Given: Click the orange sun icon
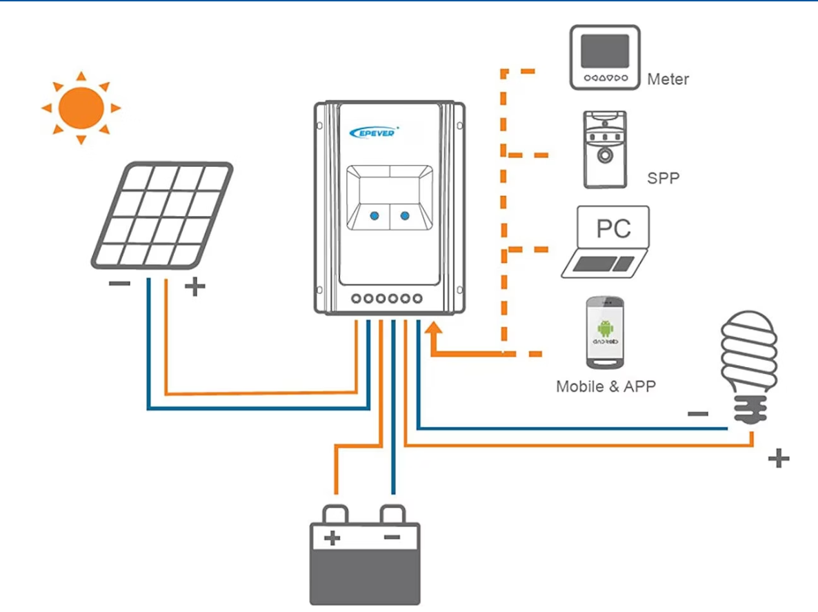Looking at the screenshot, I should point(81,108).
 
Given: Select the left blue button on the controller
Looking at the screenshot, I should point(374,216).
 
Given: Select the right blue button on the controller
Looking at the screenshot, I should point(405,216).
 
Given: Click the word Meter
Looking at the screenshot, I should point(668,79).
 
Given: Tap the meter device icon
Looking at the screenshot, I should point(605,57).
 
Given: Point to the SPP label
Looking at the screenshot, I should point(663,178).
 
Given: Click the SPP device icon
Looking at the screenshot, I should point(605,149).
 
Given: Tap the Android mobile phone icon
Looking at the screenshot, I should point(605,333).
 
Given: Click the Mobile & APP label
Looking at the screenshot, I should point(605,386).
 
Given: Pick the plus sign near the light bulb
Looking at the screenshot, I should point(778,458).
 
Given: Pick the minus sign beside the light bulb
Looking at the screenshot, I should point(698,414).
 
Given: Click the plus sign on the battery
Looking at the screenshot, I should point(332,537).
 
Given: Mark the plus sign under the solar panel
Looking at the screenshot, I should point(195,287).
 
